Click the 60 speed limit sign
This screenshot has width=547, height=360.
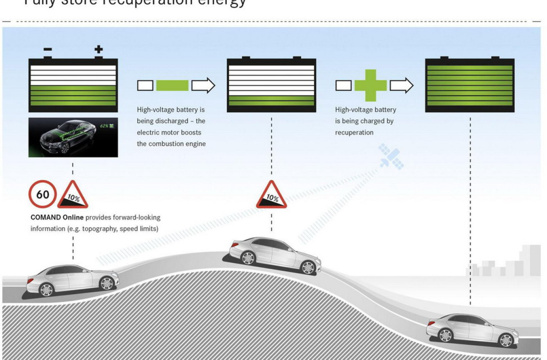pos(43,194)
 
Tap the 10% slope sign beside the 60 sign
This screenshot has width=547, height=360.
pos(72,196)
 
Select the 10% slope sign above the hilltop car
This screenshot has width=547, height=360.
pos(271,196)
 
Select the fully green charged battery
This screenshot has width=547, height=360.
pos(470,84)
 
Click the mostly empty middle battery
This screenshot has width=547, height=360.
pos(271,84)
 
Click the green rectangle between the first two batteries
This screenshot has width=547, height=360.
pos(172,85)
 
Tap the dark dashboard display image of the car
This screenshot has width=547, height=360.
pos(73,137)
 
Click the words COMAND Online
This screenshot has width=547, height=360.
pos(57,218)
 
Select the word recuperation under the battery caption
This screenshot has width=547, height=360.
pos(354,132)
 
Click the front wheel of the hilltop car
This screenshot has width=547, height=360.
pos(308,267)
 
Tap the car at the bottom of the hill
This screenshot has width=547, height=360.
pos(472,329)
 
